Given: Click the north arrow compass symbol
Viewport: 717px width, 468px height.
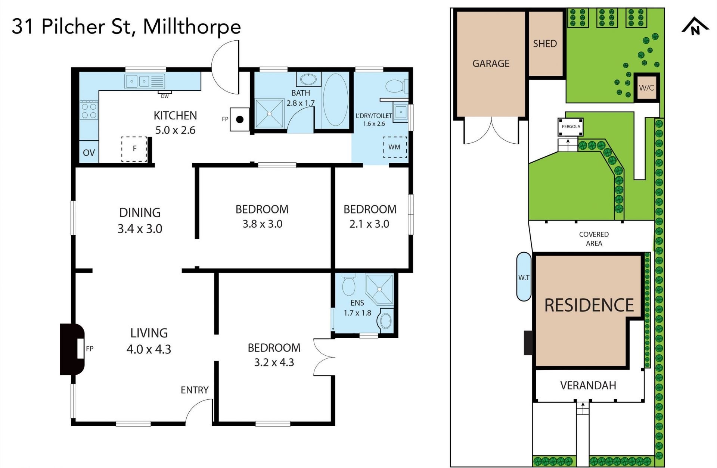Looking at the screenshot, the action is coord(695,26).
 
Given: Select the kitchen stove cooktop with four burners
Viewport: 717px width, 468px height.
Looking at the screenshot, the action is coord(89,110).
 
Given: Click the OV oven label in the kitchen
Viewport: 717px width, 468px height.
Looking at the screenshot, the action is coord(89,153).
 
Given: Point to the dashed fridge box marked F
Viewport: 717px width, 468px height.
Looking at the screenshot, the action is coord(134,149).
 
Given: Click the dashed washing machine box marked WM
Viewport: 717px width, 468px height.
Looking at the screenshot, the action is coord(395,147).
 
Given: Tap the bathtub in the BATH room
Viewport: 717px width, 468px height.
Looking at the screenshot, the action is coord(335,100).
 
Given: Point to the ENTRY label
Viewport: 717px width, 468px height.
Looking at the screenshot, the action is coord(195,390).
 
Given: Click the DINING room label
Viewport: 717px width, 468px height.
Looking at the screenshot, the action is coord(140,213).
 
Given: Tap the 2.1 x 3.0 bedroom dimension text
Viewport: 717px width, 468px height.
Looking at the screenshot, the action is coord(369,224).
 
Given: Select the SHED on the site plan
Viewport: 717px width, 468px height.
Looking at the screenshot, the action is coord(545,44).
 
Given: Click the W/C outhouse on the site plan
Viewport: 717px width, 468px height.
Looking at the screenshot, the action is coord(647,88).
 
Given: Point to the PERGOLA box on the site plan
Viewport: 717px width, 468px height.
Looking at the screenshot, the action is coord(571,127).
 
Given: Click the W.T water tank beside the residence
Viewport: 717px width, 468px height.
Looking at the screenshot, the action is coord(524,277).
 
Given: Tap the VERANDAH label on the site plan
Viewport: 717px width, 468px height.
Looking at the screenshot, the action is coord(588,386).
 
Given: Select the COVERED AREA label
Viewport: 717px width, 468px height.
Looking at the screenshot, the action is coord(594,239).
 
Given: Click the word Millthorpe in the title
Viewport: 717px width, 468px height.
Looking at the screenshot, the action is coord(192,26).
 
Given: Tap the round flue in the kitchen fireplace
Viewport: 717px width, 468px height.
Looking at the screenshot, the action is coord(240,119).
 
